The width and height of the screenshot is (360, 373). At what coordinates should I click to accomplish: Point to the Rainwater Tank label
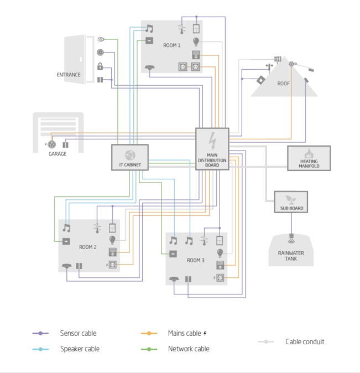click(291, 256)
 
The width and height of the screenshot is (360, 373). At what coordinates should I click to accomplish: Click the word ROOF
click(284, 84)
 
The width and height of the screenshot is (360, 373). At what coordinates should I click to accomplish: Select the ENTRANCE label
click(69, 75)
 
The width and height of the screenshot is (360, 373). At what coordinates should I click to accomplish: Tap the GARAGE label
click(57, 154)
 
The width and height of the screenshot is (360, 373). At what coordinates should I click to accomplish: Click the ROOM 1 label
click(172, 45)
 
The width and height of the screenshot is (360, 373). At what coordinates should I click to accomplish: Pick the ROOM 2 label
click(88, 247)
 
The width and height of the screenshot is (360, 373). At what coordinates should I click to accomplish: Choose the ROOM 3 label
click(195, 260)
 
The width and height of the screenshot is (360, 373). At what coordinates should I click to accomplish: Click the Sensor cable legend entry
click(78, 334)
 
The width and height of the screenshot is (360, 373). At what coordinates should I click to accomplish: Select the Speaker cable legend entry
click(80, 349)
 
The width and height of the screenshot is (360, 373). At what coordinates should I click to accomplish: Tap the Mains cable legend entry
click(185, 334)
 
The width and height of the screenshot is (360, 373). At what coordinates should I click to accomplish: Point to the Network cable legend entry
click(189, 349)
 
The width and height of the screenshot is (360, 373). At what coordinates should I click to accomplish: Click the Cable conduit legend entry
click(305, 342)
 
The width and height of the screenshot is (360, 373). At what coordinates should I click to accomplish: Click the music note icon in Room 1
click(149, 29)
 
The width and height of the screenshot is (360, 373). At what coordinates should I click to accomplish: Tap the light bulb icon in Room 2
click(112, 240)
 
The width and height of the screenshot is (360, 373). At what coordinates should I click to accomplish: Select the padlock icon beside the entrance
click(100, 67)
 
